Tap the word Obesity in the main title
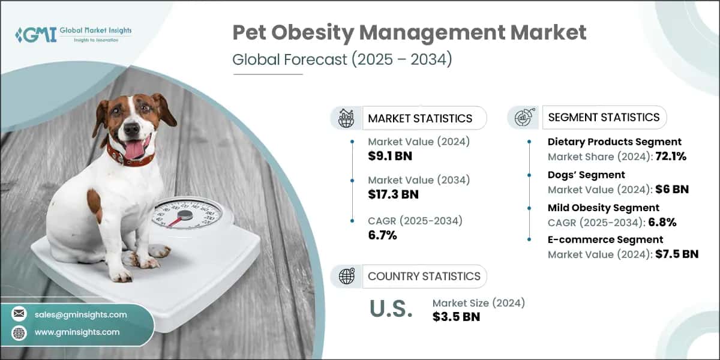313,33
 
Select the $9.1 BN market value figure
390,156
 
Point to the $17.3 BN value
393,194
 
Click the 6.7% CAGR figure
383,235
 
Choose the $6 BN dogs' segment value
672,190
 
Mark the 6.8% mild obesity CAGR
662,222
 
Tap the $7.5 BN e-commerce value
677,254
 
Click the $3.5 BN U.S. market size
456,317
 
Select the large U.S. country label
391,308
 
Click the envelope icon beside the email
19,314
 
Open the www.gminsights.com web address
77,332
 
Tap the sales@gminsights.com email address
80,314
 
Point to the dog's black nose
131,129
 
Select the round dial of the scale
187,214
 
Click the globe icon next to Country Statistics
347,276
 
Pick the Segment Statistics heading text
604,118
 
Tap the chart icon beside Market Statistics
346,118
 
